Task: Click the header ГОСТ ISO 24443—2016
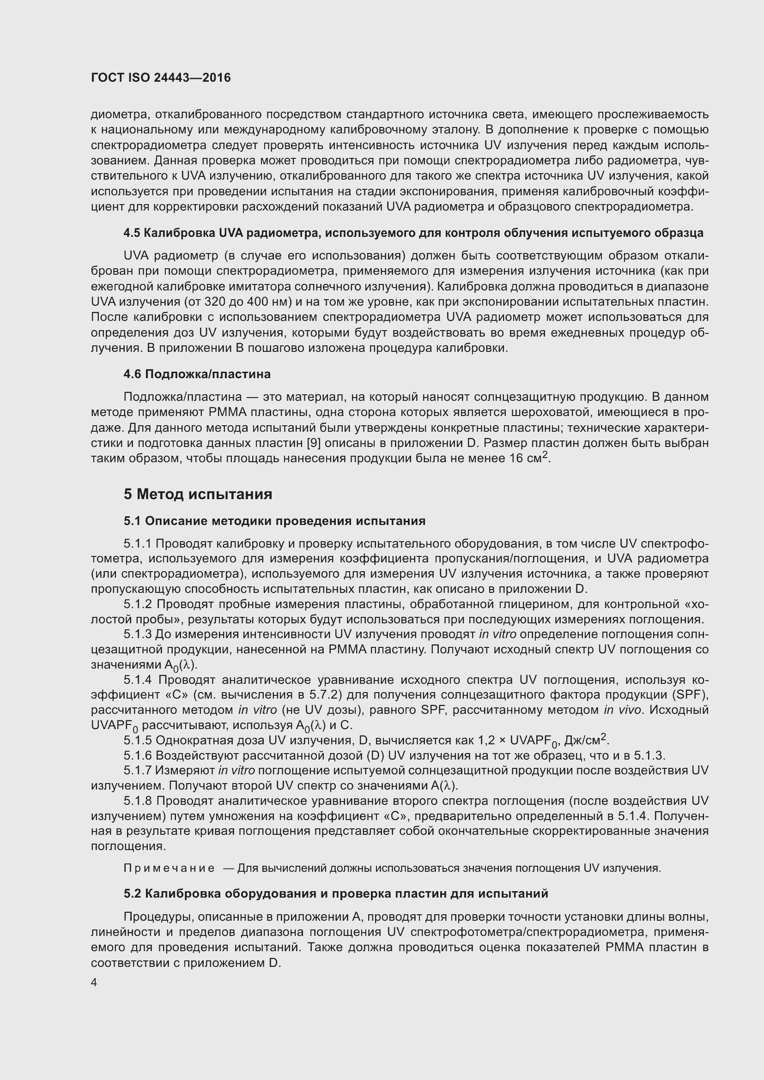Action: (x=161, y=78)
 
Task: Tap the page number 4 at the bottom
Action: (x=94, y=983)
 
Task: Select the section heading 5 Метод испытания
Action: (x=198, y=495)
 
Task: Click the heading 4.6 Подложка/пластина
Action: (x=197, y=374)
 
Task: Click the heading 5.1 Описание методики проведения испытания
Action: (x=275, y=521)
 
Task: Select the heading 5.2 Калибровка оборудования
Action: (x=336, y=894)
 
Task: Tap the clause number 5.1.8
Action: (x=138, y=801)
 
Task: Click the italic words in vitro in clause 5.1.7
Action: (x=236, y=771)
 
